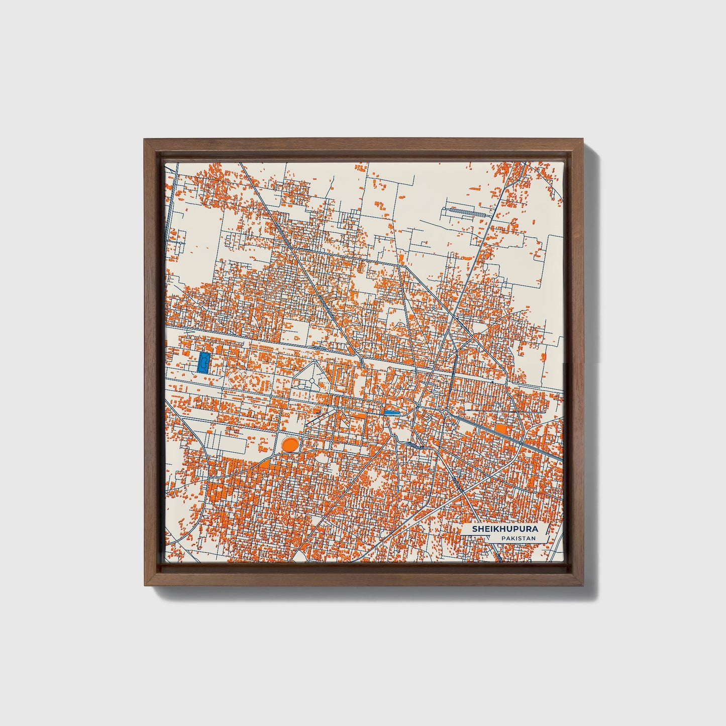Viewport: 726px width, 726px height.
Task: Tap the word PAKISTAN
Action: tap(518, 538)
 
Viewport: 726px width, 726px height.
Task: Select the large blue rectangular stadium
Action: tap(203, 362)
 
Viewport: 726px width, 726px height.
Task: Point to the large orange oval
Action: tap(289, 444)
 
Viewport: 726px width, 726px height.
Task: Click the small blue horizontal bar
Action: tap(391, 412)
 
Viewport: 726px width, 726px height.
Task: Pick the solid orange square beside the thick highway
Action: tap(501, 430)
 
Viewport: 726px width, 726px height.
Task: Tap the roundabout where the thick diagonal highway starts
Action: tap(446, 412)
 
